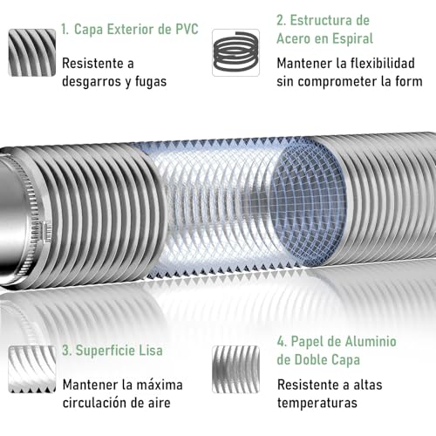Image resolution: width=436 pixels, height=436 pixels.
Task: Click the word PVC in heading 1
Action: [x=181, y=30]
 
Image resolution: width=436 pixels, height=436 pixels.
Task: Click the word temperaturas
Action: [x=317, y=403]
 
